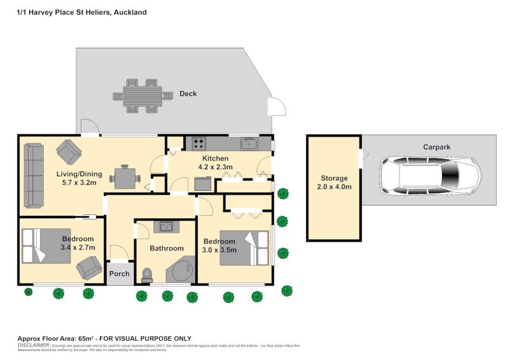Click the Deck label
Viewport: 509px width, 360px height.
click(188, 93)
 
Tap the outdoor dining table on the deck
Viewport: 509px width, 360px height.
click(143, 96)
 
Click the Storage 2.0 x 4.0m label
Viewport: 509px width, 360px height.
click(334, 183)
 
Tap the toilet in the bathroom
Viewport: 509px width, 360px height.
click(148, 274)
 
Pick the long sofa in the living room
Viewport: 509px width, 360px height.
click(33, 175)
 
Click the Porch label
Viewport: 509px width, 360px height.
click(119, 274)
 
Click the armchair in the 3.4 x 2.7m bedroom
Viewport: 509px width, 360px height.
click(89, 268)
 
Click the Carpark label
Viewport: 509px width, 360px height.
click(436, 147)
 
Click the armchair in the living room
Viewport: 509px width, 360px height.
click(69, 152)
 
